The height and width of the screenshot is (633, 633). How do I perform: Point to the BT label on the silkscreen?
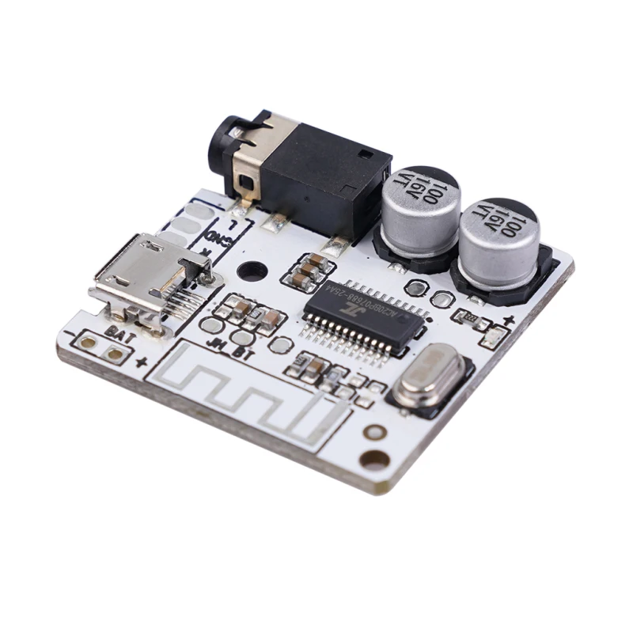coord(244,354)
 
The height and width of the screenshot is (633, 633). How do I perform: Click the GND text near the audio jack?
coord(214,233)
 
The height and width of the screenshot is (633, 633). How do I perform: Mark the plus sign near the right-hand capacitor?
coord(507,321)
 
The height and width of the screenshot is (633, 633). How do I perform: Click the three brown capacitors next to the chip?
coord(306,270)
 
